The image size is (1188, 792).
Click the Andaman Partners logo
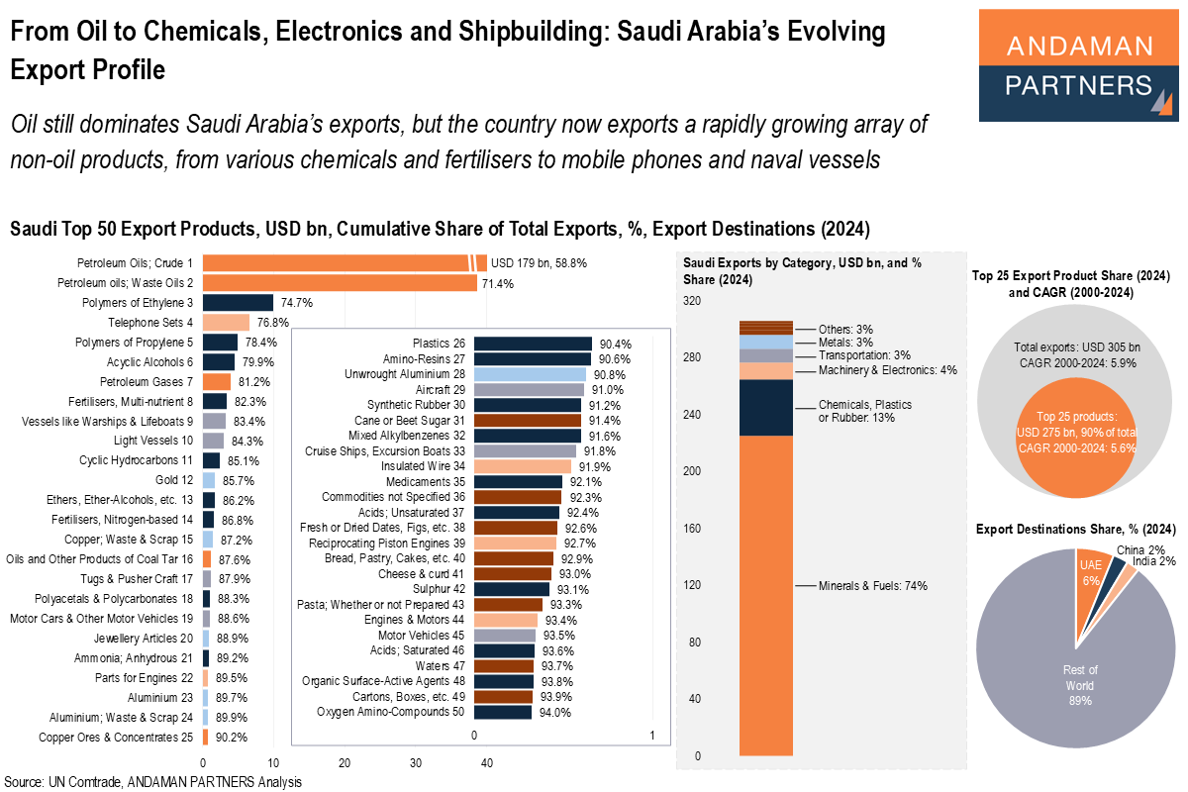click(1078, 65)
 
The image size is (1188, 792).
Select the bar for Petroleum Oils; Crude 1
click(337, 263)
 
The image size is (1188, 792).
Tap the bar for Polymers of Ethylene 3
click(238, 303)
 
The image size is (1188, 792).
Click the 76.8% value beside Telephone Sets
click(272, 323)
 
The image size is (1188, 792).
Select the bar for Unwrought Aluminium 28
click(530, 374)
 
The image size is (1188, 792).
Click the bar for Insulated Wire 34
click(523, 465)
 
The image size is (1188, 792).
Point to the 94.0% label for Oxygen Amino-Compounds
click(554, 712)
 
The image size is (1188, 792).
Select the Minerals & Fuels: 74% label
click(872, 586)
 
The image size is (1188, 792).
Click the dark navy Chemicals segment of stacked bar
click(765, 407)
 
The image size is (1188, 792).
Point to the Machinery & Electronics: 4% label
click(887, 370)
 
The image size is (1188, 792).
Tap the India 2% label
click(1153, 561)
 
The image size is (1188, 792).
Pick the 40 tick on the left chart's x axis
click(487, 763)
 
